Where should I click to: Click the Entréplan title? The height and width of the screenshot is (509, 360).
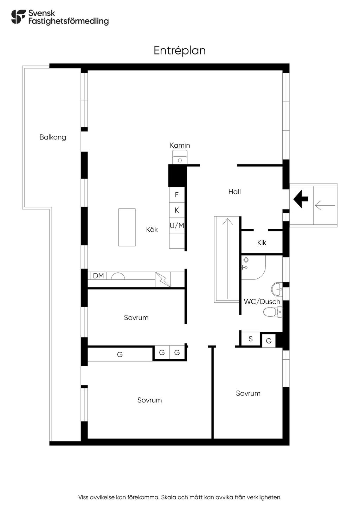coord(180,51)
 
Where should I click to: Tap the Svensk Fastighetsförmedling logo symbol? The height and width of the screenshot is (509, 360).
coord(18,17)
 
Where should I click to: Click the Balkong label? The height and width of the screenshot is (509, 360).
coord(53,137)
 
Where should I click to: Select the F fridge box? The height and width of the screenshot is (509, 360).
coord(176,195)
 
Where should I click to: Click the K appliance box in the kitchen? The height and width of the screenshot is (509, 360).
coord(176,210)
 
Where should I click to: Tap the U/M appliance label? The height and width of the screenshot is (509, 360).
coord(177,226)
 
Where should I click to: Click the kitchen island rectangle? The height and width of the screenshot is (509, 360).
coord(127,227)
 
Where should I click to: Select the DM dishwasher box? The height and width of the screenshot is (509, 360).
coord(98,276)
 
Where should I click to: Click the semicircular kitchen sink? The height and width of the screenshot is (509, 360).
coord(118,276)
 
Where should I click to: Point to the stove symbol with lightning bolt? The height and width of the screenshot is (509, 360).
coord(163,279)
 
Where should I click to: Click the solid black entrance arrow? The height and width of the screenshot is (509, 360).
coord(301,199)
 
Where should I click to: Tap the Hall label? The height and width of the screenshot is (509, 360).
coord(234,192)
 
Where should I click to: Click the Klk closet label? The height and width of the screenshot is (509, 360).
coord(262,243)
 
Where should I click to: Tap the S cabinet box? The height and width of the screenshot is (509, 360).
coord(250,339)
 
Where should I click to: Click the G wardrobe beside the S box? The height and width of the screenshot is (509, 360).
coord(269,341)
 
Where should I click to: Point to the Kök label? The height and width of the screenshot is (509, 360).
coord(152,230)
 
